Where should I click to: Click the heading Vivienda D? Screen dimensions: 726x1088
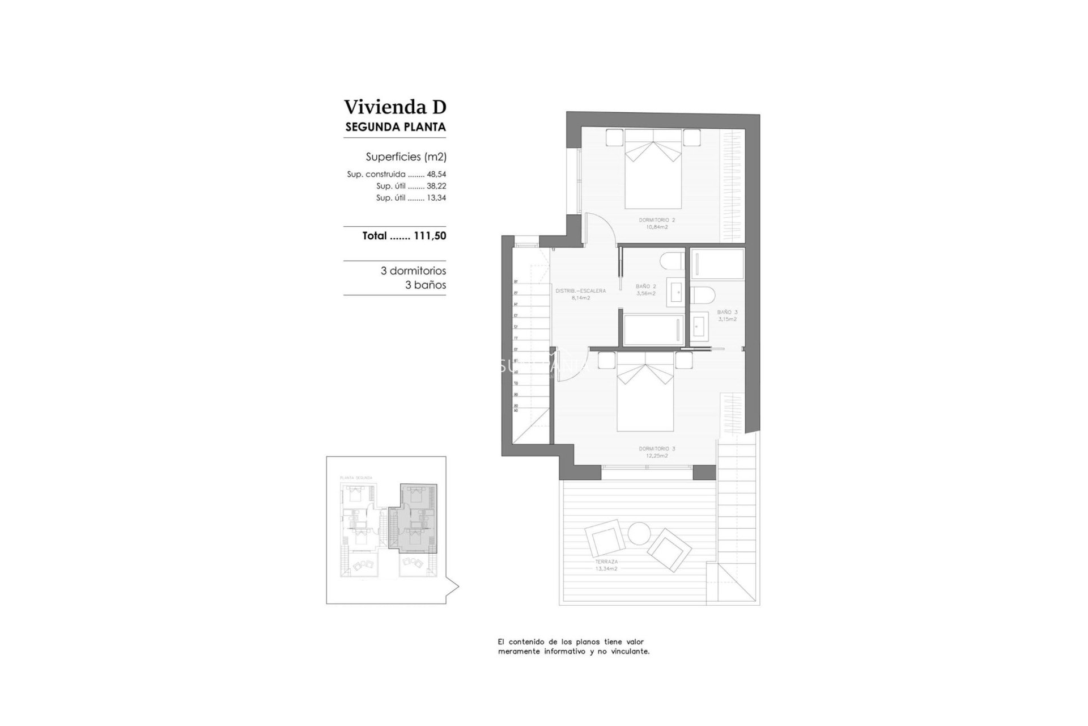point(395,107)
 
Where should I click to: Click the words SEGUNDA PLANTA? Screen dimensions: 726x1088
point(395,127)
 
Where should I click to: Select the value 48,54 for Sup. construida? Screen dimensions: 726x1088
point(436,175)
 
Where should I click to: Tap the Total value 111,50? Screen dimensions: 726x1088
point(430,236)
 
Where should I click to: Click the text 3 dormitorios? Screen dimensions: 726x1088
point(413,271)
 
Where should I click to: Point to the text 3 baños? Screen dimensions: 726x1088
point(425,285)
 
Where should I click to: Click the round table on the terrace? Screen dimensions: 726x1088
point(639,534)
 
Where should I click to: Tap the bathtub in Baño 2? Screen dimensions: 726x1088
point(652,330)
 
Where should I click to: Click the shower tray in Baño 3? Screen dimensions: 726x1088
point(717,264)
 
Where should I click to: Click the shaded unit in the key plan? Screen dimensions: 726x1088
point(418,519)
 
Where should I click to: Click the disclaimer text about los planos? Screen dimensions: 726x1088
point(573,647)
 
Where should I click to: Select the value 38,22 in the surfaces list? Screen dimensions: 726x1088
point(436,186)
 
